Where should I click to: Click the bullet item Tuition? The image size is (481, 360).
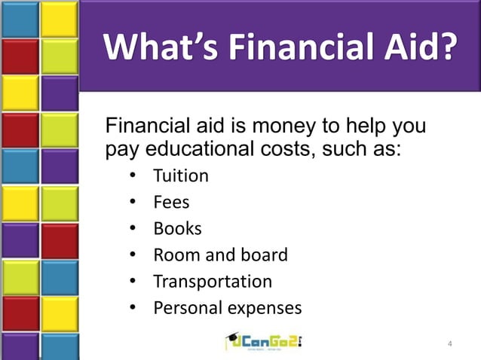click(181, 176)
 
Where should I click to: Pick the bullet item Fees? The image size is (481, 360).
click(171, 203)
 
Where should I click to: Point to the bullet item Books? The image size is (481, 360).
click(177, 229)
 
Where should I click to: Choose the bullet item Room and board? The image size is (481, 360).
click(220, 255)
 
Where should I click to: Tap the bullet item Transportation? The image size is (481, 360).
click(213, 282)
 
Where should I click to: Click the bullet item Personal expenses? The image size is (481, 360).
click(227, 308)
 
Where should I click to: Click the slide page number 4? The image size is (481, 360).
click(450, 345)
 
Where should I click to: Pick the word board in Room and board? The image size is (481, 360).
click(265, 255)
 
